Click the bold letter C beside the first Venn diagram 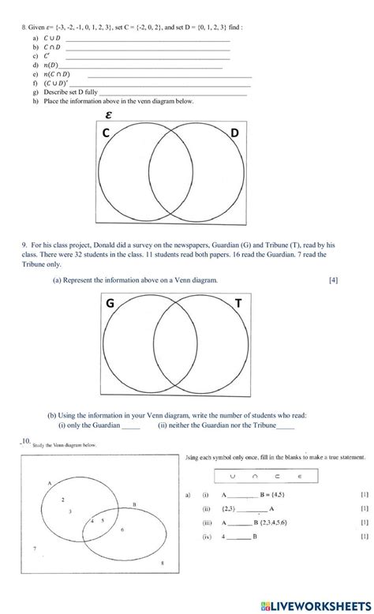(x=106, y=135)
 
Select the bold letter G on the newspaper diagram (x=110, y=303)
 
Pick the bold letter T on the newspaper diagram (x=237, y=303)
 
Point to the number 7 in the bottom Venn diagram (x=34, y=548)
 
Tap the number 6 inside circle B (x=122, y=530)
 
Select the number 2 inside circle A (x=62, y=500)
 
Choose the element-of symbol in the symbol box (x=300, y=477)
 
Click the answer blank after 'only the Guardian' (x=131, y=426)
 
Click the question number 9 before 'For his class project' (x=24, y=245)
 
